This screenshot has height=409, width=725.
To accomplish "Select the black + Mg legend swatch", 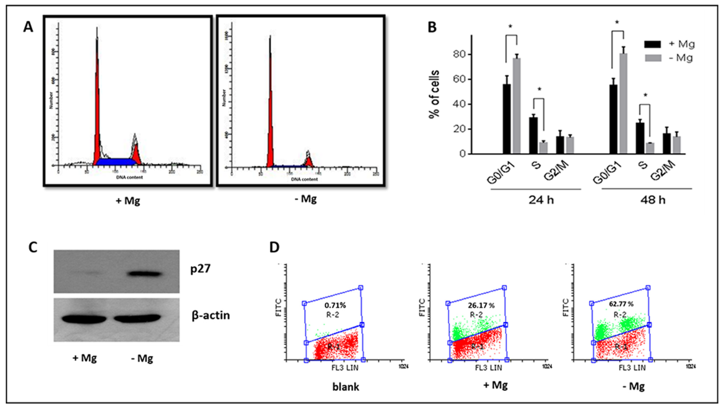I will point(652,44).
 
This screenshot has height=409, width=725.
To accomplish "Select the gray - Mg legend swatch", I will point(652,58).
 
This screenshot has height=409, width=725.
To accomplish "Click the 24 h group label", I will point(541,200).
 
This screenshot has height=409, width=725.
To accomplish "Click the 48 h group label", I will point(653,200).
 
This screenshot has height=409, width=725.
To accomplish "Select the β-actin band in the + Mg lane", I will point(84,319).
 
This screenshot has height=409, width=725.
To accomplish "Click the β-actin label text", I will point(211,315).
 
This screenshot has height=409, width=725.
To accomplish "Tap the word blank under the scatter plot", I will point(346,387).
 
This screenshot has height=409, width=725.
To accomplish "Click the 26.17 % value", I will point(481,305).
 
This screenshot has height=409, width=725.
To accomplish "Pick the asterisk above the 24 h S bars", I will point(539,89).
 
